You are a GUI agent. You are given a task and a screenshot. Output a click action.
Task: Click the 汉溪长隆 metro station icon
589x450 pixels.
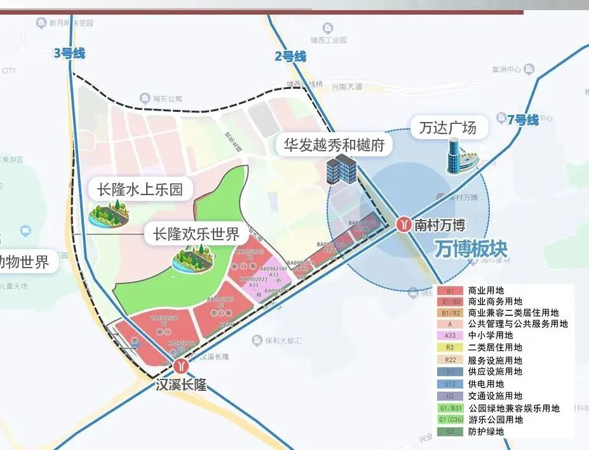click(x=182, y=366)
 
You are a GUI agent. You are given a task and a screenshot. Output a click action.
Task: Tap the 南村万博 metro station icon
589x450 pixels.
click(x=404, y=224)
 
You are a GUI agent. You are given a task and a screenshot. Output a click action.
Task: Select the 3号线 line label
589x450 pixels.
click(x=69, y=53)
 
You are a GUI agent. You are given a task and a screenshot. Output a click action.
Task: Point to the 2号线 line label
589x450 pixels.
click(x=290, y=57)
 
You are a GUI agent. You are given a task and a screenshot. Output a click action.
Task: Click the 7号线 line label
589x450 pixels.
click(x=523, y=119)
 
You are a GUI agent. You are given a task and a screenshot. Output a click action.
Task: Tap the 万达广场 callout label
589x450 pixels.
click(x=448, y=128)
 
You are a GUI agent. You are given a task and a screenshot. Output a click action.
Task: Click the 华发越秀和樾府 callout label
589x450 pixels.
click(x=334, y=145)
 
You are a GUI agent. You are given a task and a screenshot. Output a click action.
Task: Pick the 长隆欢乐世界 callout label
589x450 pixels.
click(x=196, y=234)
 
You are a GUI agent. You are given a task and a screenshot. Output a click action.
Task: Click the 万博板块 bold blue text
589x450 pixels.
click(x=471, y=249)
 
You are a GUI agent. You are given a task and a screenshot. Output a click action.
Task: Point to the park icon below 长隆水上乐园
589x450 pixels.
click(x=109, y=213)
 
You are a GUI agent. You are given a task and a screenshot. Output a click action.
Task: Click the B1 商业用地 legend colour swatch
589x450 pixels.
click(x=450, y=290)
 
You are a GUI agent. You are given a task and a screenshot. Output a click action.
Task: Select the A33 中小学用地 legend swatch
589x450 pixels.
click(x=450, y=336)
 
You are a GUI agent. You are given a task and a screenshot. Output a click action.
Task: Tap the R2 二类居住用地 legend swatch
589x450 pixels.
click(x=450, y=347)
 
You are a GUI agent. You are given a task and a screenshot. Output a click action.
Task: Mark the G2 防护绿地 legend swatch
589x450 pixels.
click(x=450, y=432)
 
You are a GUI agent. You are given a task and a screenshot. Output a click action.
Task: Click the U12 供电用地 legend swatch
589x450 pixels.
click(x=450, y=384)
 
